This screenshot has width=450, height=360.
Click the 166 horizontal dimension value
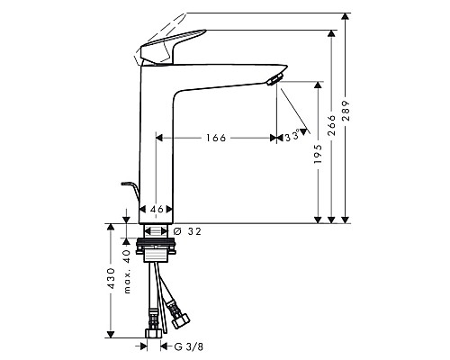click(x=214, y=138)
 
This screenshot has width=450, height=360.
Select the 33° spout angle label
click(x=290, y=137)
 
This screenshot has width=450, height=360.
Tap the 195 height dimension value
click(x=318, y=157)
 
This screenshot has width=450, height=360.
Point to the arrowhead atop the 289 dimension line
click(x=347, y=17)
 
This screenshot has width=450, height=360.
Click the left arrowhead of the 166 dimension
click(x=160, y=138)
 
